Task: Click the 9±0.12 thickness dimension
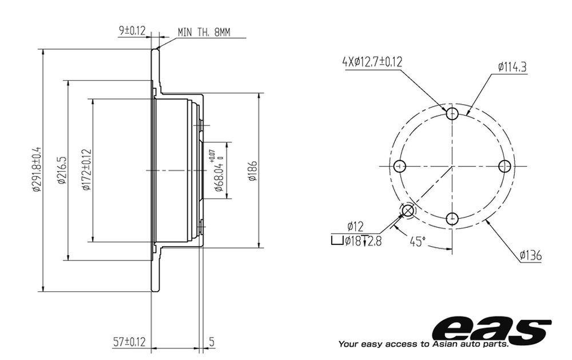coord(132,31)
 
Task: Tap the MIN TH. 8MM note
coord(204,32)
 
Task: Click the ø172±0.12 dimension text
coord(86,170)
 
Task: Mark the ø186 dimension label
coord(252,171)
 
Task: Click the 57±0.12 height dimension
coord(129,342)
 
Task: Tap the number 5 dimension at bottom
coord(212,342)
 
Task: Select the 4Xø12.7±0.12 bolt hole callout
coord(372,62)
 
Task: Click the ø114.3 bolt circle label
coord(512,67)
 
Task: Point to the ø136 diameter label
coord(531,255)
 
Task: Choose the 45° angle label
coord(418,242)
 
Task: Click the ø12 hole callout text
coord(355,227)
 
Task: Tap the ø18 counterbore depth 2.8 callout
coord(356,241)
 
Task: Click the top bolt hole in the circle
coord(452,113)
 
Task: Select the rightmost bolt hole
coord(505,166)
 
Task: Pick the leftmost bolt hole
coord(400,166)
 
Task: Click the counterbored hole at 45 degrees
coord(408,211)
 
